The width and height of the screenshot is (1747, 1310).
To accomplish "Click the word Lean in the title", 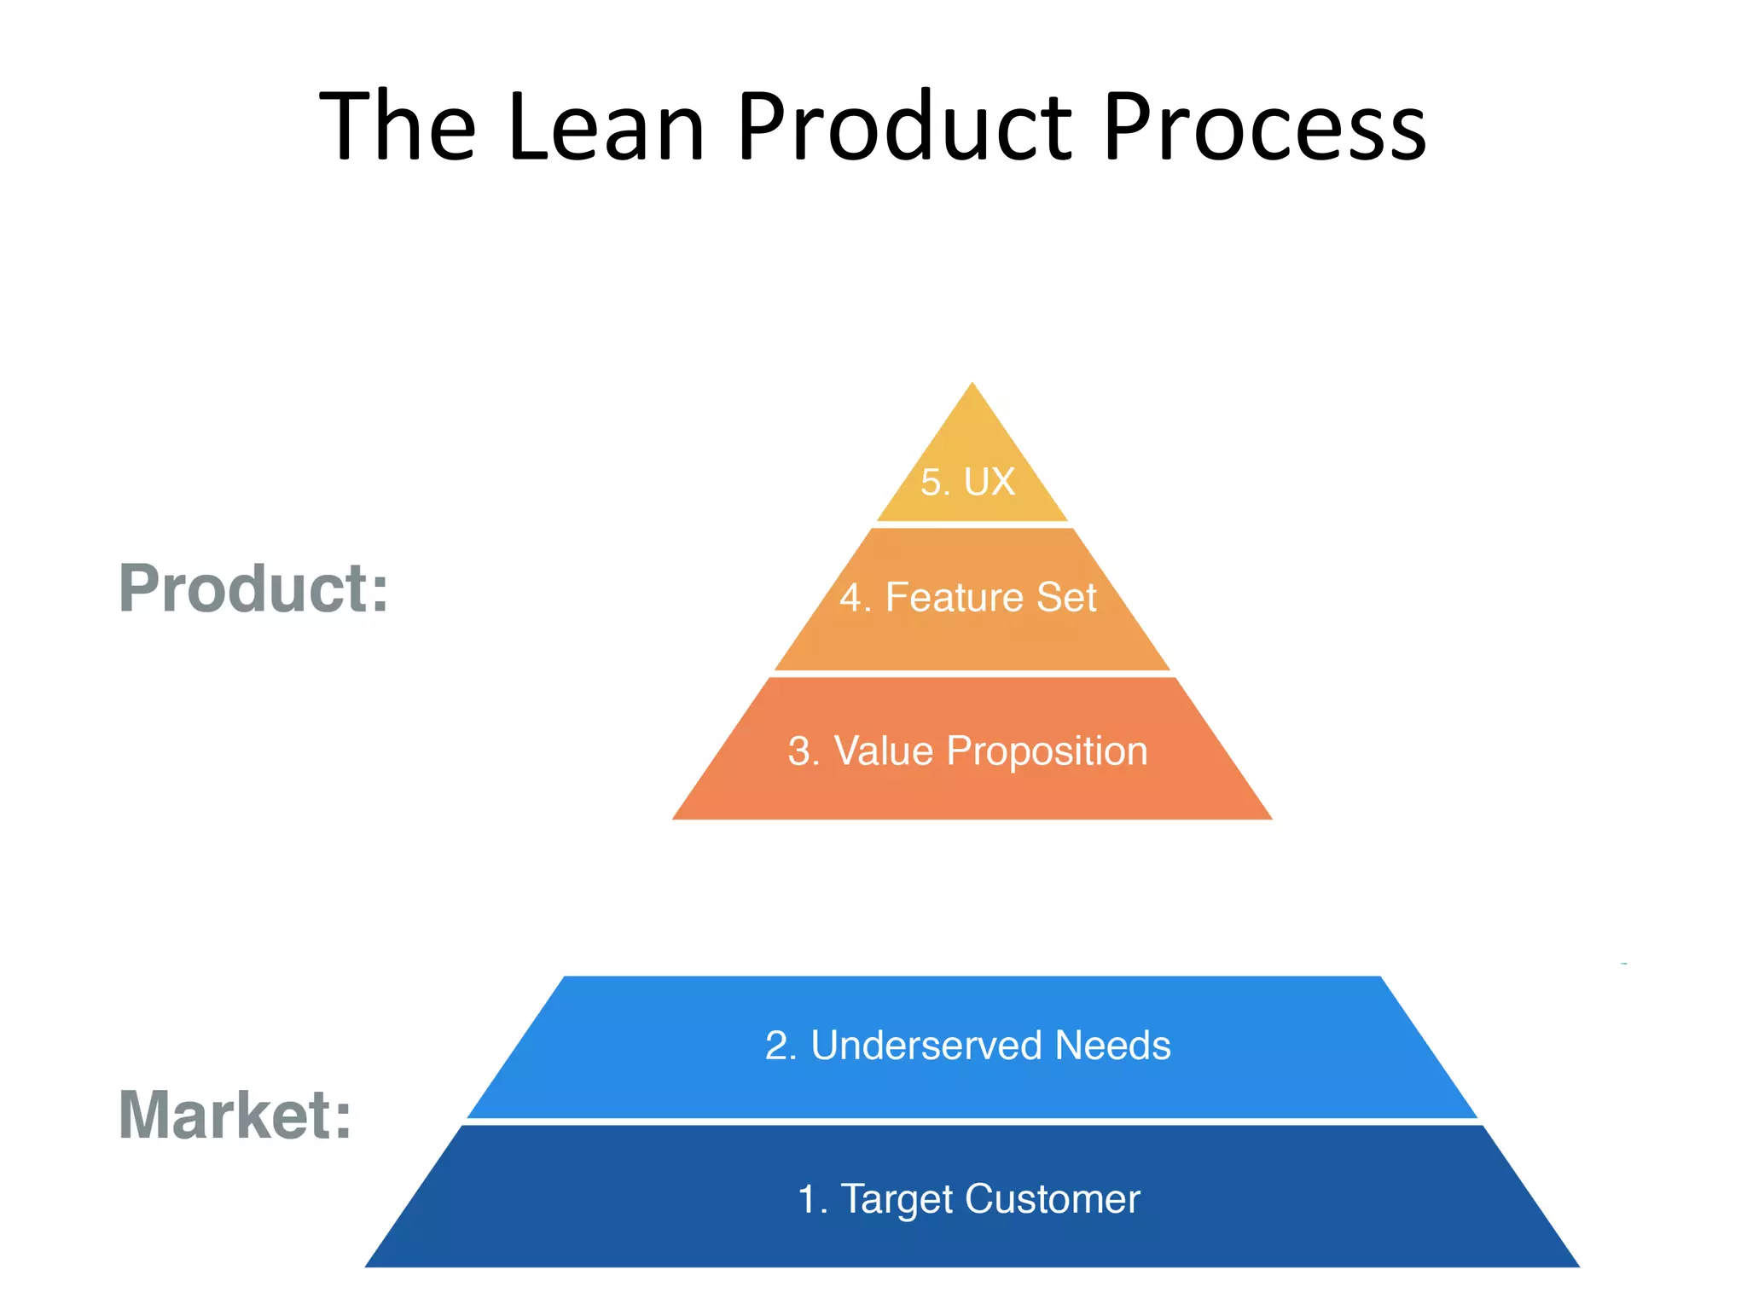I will point(606,128).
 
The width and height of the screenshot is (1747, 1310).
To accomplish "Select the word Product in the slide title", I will point(904,128).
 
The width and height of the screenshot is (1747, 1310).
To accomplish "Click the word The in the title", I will point(397,128).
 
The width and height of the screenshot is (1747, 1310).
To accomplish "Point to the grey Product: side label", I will point(253,588).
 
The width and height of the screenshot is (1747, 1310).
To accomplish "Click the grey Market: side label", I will point(235,1116).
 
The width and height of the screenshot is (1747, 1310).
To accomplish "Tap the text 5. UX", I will point(967,482).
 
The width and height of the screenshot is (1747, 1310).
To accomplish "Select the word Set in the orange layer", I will point(1065,597).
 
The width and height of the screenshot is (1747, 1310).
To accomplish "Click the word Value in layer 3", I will point(884,751).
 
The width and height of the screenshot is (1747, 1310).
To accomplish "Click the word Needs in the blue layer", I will point(1112,1046).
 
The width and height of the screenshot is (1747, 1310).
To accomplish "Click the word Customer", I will point(1053,1199).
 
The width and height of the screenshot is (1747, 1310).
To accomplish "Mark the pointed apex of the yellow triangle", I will point(972,385).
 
